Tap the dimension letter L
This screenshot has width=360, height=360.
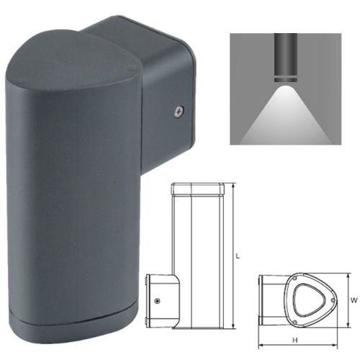click(x=238, y=255)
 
